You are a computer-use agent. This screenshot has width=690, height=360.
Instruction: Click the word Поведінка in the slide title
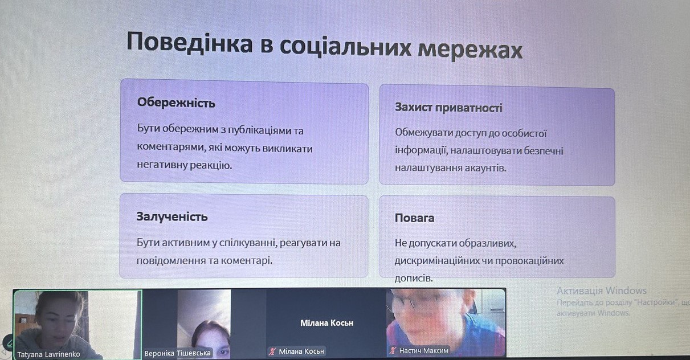[190, 43]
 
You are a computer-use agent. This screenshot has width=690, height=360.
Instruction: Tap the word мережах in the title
[470, 50]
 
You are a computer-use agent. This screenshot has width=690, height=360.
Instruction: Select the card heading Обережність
[176, 103]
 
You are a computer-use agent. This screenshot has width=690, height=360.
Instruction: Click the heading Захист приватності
[448, 108]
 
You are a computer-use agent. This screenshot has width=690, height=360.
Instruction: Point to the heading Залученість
[172, 217]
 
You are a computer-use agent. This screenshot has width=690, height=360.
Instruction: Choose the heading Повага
[415, 218]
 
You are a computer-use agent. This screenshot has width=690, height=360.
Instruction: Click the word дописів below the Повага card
[414, 279]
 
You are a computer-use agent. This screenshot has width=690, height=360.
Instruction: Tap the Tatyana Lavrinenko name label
[48, 354]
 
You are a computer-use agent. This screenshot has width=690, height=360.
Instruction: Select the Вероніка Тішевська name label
[177, 353]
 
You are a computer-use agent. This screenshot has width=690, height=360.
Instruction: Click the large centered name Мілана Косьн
[327, 323]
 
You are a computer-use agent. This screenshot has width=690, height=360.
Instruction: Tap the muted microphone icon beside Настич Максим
[393, 350]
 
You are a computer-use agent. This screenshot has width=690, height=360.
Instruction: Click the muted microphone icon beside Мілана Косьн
[272, 351]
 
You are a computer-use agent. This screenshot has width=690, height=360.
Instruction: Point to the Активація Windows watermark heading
[602, 291]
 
